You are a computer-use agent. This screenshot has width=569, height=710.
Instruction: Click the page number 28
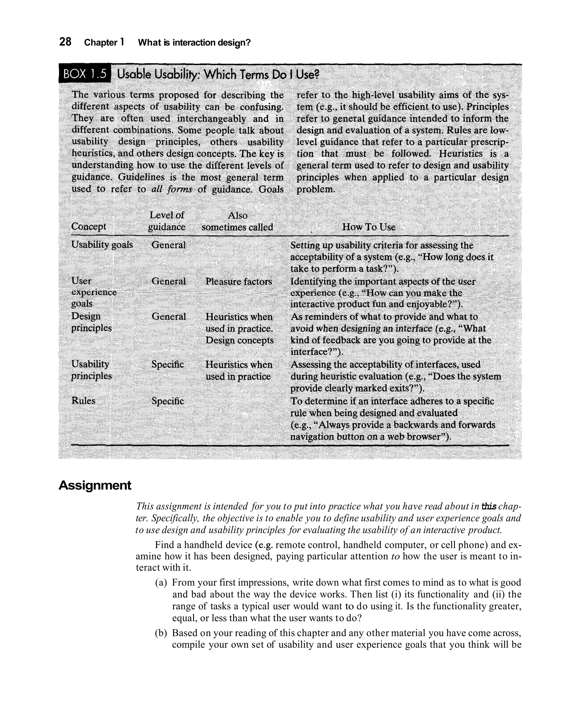coord(65,42)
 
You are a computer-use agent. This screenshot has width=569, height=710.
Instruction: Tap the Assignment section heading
coord(95,485)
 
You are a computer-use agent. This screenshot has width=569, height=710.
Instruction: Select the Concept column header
coord(89,227)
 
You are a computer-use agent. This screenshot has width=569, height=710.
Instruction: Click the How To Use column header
coord(369,227)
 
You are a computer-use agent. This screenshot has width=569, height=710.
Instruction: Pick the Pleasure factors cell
coord(239,282)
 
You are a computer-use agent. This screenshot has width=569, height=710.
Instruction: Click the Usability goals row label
coord(102,245)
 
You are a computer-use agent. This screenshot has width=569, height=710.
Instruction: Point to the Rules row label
coord(83,401)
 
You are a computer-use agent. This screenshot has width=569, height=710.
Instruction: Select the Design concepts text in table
coord(239,340)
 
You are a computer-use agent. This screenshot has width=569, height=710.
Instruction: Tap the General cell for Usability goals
coord(168,245)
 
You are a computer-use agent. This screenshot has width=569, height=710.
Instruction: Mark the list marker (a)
coord(161,583)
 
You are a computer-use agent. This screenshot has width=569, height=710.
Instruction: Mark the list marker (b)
coord(161,633)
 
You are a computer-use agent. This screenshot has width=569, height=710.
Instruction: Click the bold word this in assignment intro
coord(489,506)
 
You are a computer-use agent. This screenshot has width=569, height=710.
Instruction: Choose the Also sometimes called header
coord(237,221)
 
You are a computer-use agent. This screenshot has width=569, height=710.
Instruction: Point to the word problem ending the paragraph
coord(315,189)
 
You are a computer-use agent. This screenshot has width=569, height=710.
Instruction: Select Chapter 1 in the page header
coord(104,42)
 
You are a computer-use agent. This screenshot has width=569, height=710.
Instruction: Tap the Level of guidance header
coord(166,221)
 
